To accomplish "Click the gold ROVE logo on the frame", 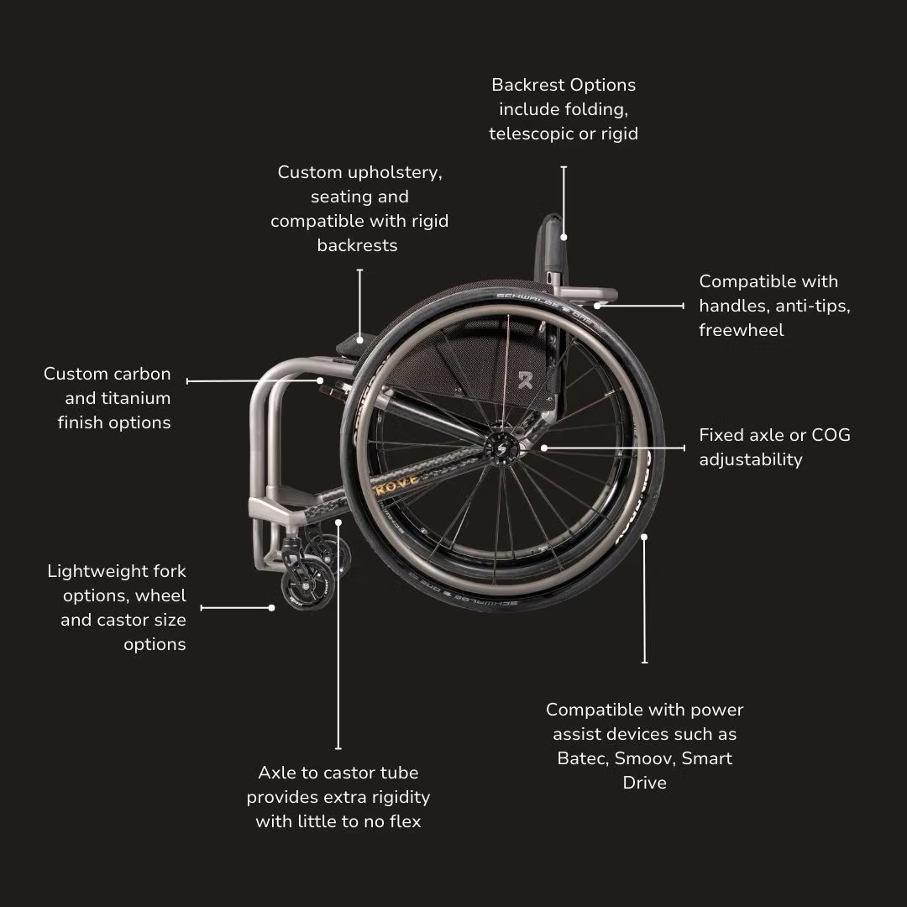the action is tap(396, 485).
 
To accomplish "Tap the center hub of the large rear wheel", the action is tap(501, 448).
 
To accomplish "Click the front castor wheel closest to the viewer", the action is tap(307, 584).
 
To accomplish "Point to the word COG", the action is tap(831, 435).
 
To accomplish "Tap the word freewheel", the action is tap(742, 330).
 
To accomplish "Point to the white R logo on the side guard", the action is tap(525, 380).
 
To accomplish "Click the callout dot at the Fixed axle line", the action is tap(543, 448).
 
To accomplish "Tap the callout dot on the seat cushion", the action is tap(359, 340).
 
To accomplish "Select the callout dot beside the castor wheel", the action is tap(271, 608).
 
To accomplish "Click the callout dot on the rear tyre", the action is tap(644, 537).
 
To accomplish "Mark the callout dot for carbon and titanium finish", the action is tap(320, 380).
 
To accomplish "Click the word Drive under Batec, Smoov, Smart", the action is tap(645, 783).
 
